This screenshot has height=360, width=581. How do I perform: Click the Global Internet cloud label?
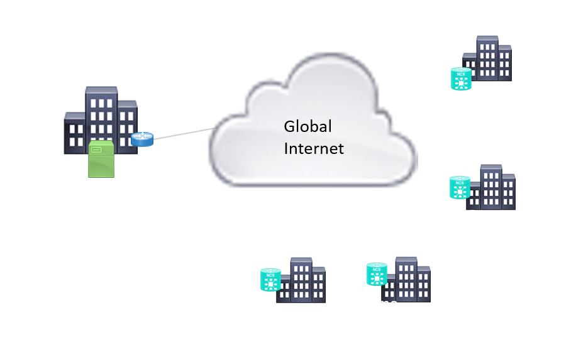coord(314,138)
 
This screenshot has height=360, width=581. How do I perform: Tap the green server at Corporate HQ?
coord(101,158)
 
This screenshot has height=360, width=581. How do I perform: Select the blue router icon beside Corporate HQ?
coord(142,139)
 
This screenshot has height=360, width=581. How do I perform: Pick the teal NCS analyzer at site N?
coord(461,78)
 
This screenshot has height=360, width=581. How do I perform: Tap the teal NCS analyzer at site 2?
coord(377,273)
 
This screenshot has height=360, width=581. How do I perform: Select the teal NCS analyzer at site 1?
coord(270,280)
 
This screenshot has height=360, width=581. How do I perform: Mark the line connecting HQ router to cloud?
coord(182,134)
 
